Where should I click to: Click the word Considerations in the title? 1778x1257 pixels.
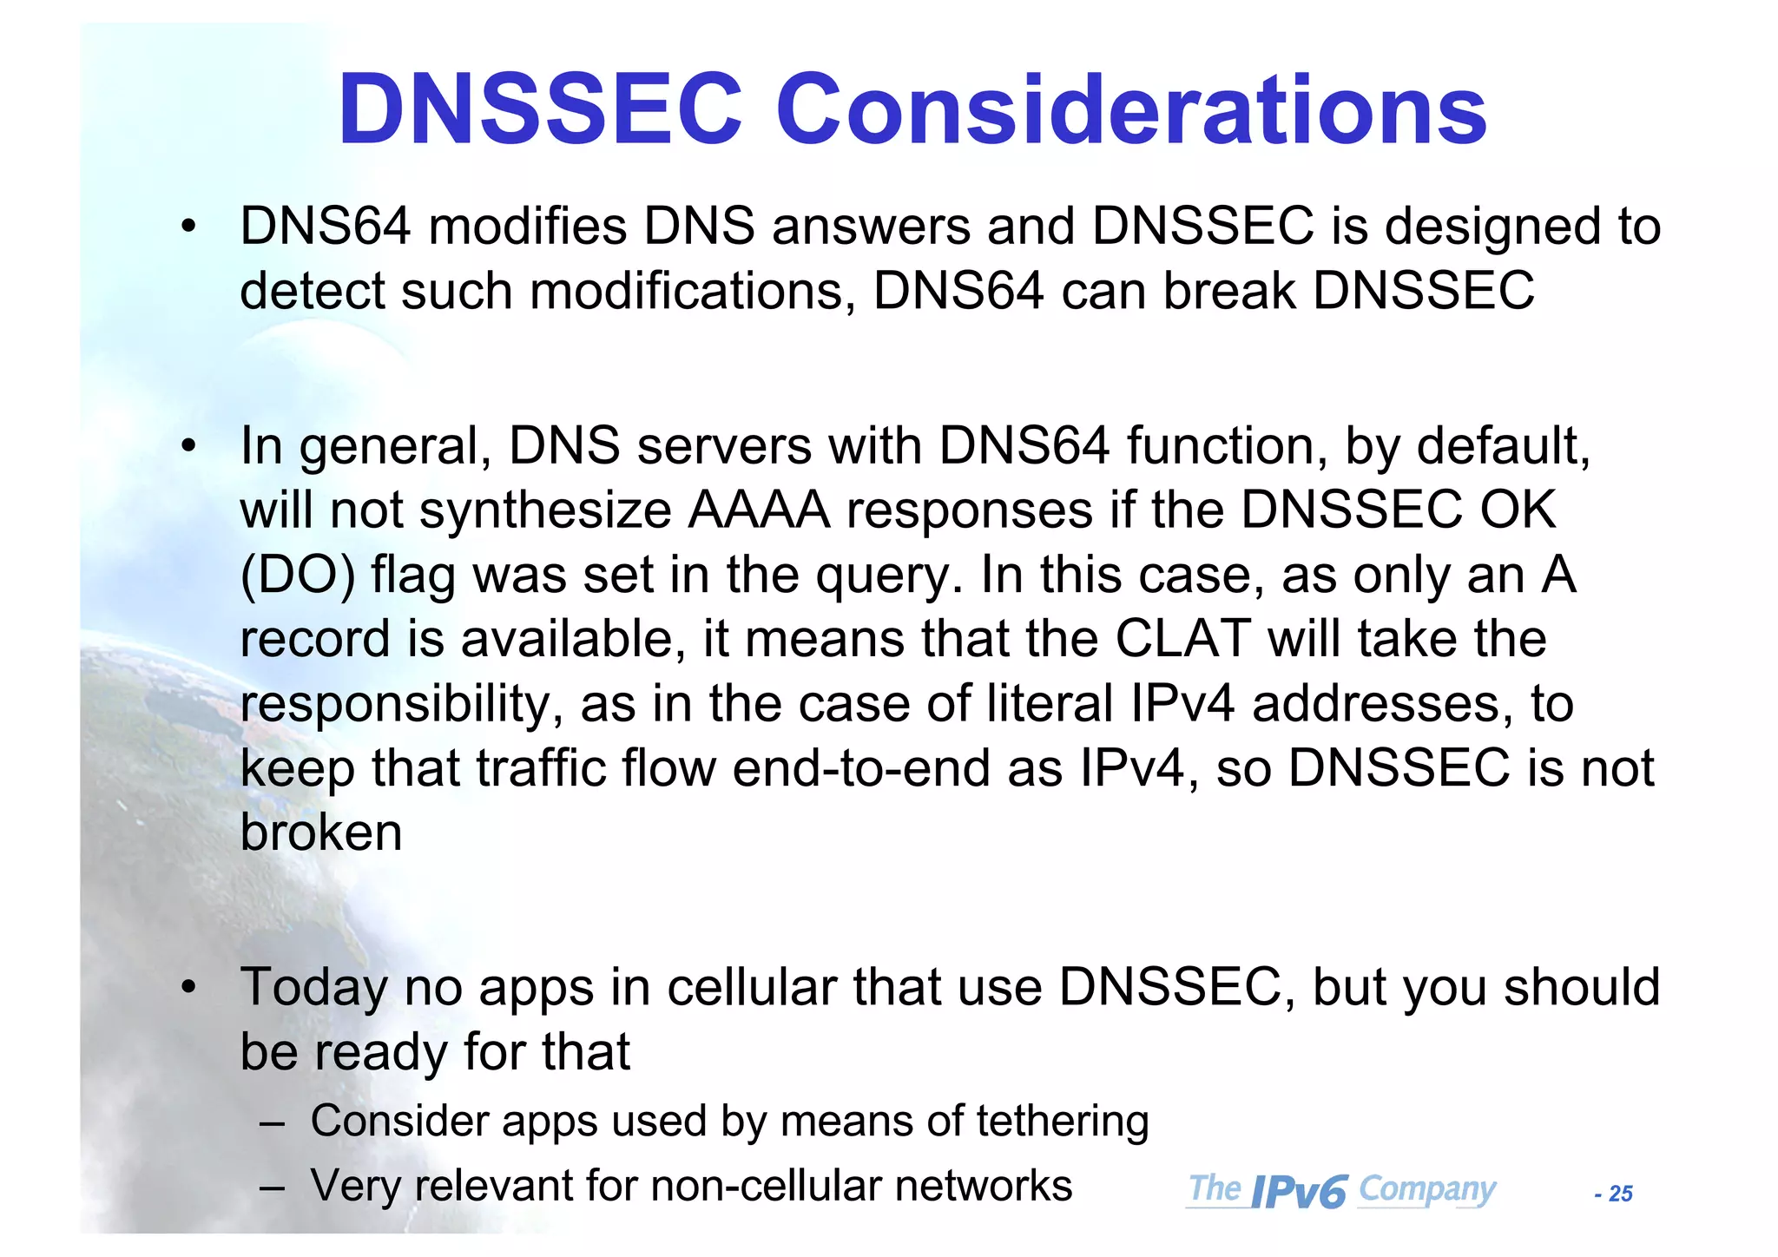(1131, 110)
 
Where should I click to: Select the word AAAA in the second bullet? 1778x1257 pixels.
(759, 510)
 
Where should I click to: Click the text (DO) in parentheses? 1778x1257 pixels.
(297, 575)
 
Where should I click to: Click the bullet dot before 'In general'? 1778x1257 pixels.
(188, 446)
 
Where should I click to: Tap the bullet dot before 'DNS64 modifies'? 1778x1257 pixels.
(188, 227)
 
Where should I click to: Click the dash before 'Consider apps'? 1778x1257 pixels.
(272, 1122)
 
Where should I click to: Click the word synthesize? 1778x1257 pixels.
(545, 510)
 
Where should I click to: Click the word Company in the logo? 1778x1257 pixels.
(1426, 1189)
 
